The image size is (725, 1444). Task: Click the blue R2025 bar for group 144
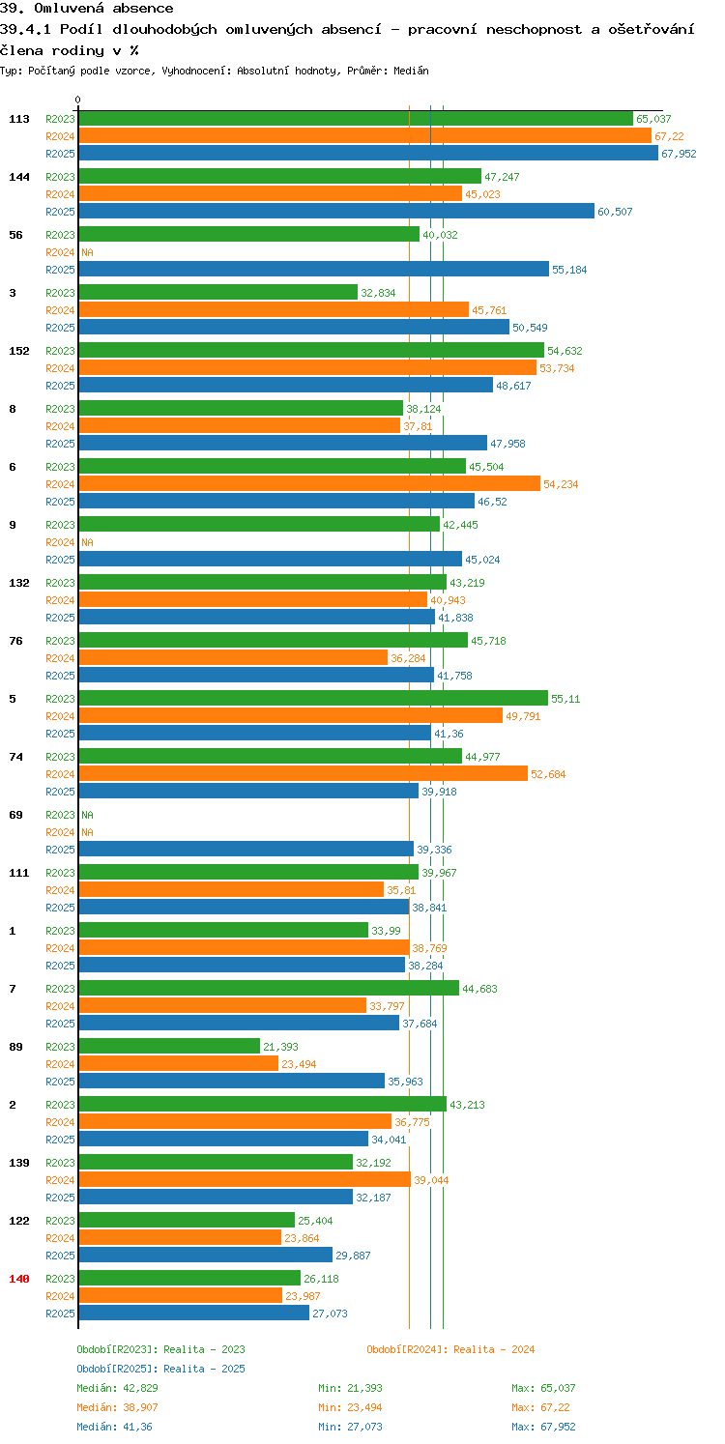pos(336,212)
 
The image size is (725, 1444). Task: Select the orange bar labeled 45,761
pos(274,310)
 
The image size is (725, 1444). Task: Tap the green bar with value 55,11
pos(313,698)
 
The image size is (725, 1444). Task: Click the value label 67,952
pos(679,154)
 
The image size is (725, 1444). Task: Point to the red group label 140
pos(19,1279)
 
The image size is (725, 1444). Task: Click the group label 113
pos(19,119)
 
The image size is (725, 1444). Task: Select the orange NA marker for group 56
pos(88,252)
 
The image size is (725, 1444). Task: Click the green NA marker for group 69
pos(88,815)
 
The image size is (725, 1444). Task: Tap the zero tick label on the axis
pos(78,100)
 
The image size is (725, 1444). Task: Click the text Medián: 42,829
pos(117,1388)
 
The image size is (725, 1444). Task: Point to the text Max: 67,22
pos(540,1407)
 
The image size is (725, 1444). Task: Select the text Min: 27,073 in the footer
pos(350,1427)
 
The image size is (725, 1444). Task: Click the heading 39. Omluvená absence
pos(87,9)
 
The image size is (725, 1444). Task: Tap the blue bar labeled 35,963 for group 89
pos(232,1081)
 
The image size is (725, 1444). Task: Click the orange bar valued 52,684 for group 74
pos(304,773)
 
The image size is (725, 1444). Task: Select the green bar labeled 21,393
pos(169,1046)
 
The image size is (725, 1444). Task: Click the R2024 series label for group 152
pos(60,368)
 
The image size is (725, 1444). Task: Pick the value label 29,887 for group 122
pos(353,1256)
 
